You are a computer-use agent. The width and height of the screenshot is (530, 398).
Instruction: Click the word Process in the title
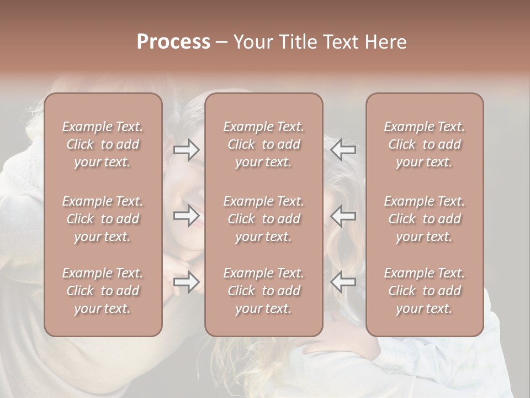(x=173, y=42)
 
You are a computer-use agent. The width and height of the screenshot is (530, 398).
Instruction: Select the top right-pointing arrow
(x=187, y=150)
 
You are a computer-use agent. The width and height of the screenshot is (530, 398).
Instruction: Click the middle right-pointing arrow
(x=187, y=216)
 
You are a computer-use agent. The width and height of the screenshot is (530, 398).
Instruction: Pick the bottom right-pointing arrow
(x=187, y=282)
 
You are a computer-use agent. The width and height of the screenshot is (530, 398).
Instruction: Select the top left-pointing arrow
(x=343, y=150)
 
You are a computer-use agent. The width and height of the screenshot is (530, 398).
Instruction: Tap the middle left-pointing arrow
(x=343, y=216)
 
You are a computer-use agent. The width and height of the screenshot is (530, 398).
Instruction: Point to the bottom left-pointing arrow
(x=343, y=282)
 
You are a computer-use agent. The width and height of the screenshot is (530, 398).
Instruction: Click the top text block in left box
(x=103, y=144)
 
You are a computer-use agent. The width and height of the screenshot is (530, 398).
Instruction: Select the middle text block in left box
(x=103, y=219)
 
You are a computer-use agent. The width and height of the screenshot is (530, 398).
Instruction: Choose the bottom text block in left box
(x=103, y=291)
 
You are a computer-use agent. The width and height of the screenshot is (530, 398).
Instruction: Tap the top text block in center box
(x=264, y=144)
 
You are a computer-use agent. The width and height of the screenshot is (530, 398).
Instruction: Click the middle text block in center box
(x=264, y=219)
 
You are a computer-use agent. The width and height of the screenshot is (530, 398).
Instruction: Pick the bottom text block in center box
(x=264, y=291)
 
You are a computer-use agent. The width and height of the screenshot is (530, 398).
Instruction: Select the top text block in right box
(x=425, y=144)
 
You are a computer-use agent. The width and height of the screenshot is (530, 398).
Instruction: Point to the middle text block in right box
(x=425, y=219)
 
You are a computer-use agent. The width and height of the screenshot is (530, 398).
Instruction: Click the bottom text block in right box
(x=425, y=291)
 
